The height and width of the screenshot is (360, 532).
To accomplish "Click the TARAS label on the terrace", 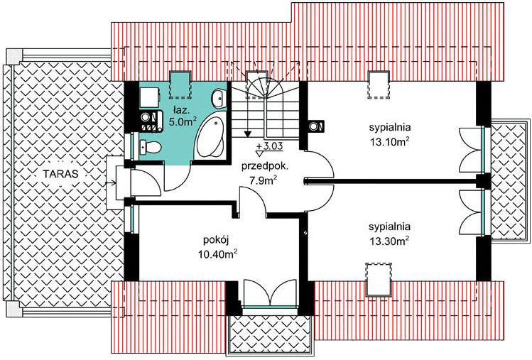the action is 61,174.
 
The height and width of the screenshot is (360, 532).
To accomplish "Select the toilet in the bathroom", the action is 151,147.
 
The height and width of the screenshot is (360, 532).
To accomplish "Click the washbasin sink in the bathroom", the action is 219,99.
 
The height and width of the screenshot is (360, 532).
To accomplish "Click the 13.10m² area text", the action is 389,141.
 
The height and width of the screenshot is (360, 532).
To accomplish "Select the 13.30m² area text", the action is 389,241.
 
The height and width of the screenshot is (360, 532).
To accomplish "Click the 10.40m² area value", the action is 217,254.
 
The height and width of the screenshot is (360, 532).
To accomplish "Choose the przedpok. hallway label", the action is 265,167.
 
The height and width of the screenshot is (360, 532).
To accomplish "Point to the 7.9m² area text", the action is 264,180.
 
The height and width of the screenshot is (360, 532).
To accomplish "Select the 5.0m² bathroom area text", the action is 183,122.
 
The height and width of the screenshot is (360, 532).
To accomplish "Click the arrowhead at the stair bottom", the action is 248,134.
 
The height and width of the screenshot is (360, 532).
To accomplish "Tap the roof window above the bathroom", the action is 180,84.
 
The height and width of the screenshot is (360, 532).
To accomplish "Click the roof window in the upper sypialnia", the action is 379,84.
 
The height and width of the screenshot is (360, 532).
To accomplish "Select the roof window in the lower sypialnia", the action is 379,279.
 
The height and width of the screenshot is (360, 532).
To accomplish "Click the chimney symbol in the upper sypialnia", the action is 317,126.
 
